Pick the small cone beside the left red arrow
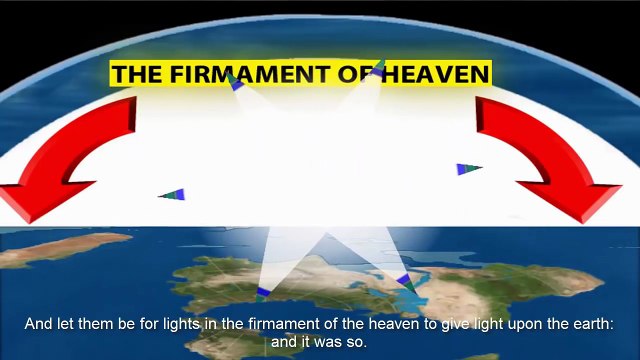click(173, 194)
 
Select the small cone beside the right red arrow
click(468, 169)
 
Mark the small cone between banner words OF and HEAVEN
click(378, 69)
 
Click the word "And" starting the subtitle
click(38, 325)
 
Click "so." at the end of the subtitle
click(359, 341)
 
